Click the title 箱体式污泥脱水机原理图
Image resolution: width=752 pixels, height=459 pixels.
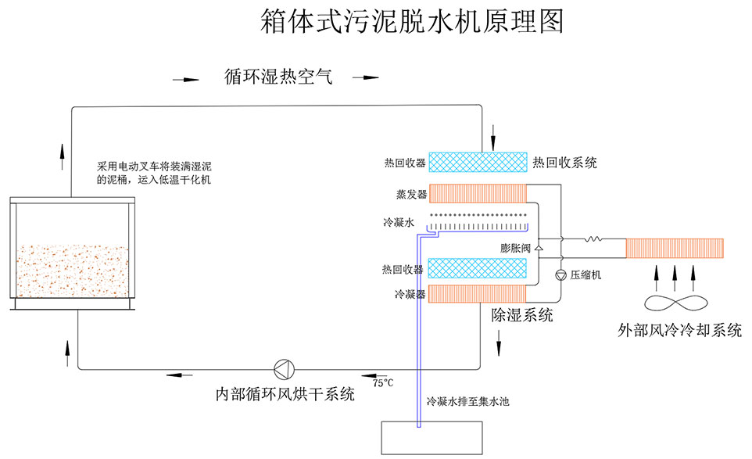tap(412, 21)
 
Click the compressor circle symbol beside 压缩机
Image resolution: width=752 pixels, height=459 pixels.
tap(560, 274)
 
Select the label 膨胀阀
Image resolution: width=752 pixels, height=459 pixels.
tap(516, 248)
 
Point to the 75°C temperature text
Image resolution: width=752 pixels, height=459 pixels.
tap(383, 383)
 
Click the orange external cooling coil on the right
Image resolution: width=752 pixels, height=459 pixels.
tap(675, 247)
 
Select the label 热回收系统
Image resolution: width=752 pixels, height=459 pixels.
tap(564, 163)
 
